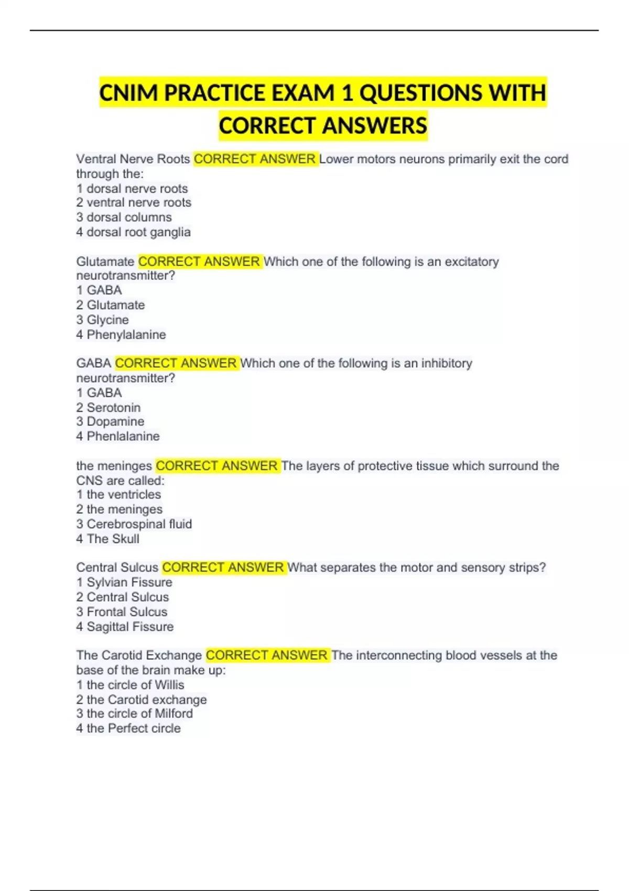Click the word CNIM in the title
click(128, 93)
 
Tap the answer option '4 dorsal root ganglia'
click(133, 232)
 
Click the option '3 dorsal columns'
click(124, 218)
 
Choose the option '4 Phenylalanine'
click(121, 335)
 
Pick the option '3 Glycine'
click(102, 320)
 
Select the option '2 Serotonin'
click(109, 408)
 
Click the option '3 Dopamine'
click(110, 422)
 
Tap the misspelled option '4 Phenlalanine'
click(118, 437)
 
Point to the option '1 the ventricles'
click(118, 495)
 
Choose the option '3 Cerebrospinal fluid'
click(134, 524)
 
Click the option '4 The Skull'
click(107, 539)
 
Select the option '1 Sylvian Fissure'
click(124, 582)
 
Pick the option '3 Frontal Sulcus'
click(122, 612)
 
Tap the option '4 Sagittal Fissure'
click(125, 627)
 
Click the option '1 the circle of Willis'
click(130, 685)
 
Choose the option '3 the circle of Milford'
click(134, 714)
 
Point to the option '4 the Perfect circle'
click(128, 729)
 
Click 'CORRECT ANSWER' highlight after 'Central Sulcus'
click(223, 568)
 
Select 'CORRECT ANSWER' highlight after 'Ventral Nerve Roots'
click(255, 159)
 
